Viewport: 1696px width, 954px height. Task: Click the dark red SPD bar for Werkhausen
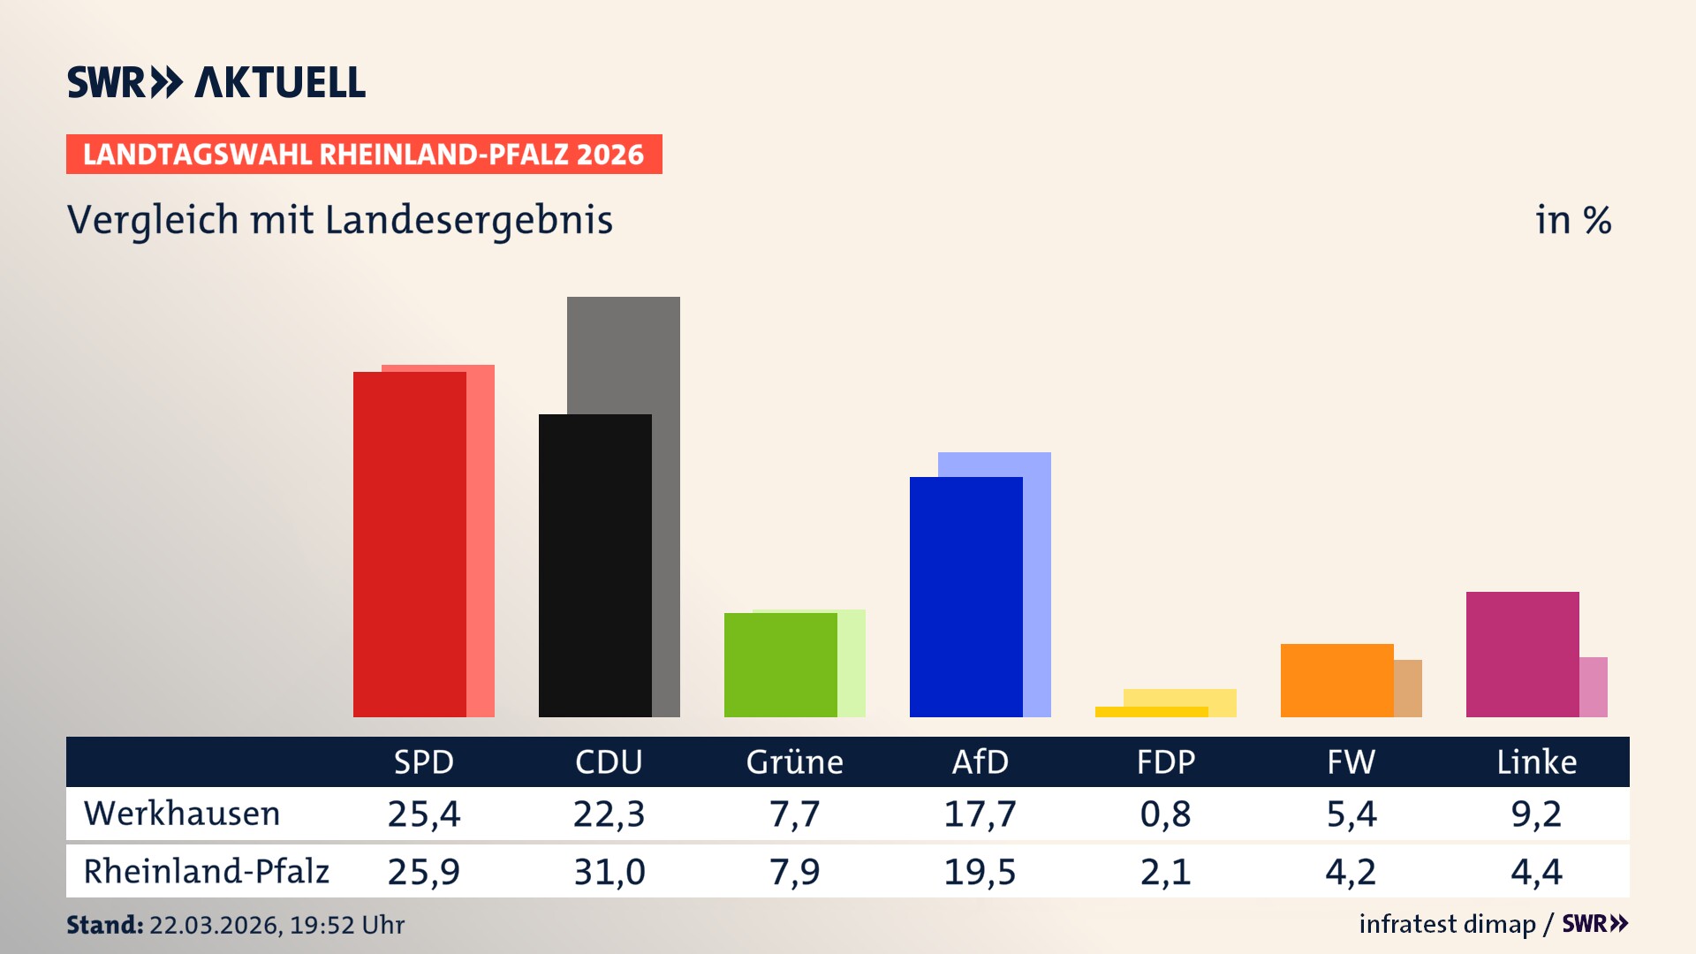(x=409, y=544)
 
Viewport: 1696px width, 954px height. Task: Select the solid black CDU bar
(x=594, y=565)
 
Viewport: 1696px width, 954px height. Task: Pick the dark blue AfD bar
(x=965, y=597)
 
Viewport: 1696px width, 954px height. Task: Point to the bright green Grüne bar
(x=780, y=664)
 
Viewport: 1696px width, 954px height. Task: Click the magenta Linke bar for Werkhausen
(x=1522, y=654)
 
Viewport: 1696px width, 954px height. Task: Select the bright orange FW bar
(x=1336, y=680)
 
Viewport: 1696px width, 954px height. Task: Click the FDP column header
(x=1165, y=761)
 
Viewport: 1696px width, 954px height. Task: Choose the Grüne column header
(x=794, y=761)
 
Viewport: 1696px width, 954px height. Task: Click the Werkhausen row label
(x=182, y=814)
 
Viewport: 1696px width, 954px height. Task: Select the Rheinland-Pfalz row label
(x=206, y=871)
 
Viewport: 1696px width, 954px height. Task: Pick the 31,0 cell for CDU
(x=609, y=872)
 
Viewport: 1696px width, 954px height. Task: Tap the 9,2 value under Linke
(x=1536, y=814)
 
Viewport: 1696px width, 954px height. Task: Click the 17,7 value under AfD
(x=980, y=814)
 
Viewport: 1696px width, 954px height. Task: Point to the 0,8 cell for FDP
(x=1165, y=814)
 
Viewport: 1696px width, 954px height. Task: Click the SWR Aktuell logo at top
(x=216, y=82)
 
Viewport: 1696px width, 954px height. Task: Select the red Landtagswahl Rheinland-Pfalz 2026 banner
(x=364, y=155)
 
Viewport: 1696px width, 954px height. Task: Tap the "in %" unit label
(x=1573, y=220)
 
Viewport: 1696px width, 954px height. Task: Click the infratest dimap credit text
(x=1447, y=924)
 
